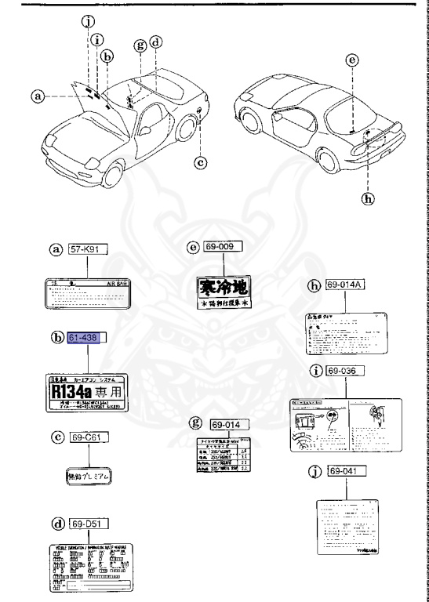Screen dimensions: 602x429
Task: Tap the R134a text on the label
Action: tap(74, 390)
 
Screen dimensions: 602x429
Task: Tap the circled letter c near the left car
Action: tap(201, 162)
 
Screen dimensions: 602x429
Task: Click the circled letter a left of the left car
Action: tap(36, 97)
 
